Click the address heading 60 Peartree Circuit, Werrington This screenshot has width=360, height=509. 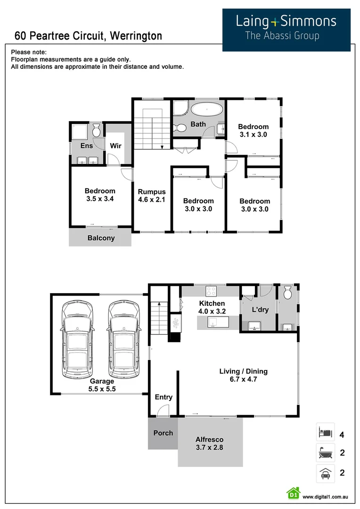(88, 36)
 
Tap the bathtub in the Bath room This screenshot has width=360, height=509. (207, 109)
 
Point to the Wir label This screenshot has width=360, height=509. (115, 146)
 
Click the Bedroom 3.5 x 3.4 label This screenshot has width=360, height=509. (100, 195)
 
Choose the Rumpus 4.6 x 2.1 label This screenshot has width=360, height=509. (152, 196)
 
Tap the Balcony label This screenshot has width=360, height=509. (101, 238)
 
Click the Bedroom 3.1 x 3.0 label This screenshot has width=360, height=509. (253, 130)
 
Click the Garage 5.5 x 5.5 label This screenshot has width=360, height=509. (102, 385)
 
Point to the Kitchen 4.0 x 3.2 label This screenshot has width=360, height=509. (212, 307)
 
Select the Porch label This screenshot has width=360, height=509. (163, 433)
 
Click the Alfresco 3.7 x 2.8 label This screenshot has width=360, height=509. (209, 443)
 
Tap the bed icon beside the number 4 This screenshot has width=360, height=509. (325, 432)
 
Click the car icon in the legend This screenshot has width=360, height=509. (325, 473)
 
